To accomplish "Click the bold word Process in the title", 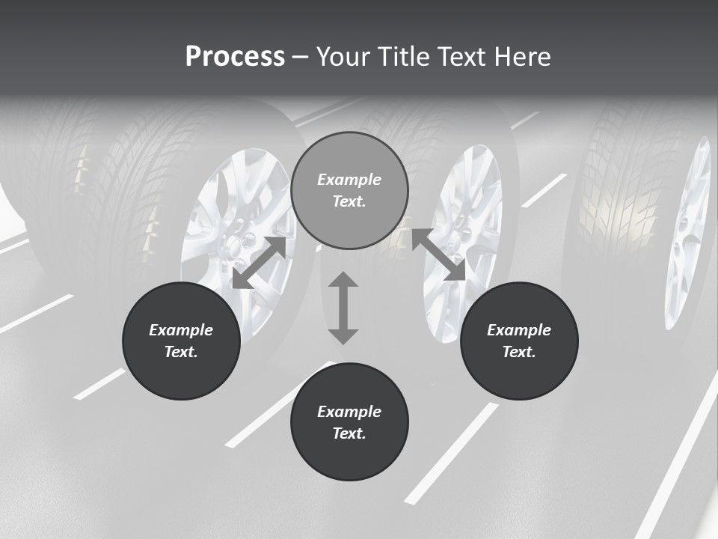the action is pyautogui.click(x=235, y=57).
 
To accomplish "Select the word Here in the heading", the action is pyautogui.click(x=524, y=57).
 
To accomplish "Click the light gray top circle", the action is pyautogui.click(x=349, y=191).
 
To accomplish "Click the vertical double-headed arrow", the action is pyautogui.click(x=343, y=308).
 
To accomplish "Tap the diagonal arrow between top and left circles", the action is pyautogui.click(x=259, y=263).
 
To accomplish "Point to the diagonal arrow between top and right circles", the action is pyautogui.click(x=438, y=255).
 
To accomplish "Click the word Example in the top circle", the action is pyautogui.click(x=349, y=180).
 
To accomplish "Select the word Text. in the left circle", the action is pyautogui.click(x=181, y=352).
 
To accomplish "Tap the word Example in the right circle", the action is pyautogui.click(x=519, y=330).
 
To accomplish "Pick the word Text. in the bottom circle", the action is pyautogui.click(x=349, y=433).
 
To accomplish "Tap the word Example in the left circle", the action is pyautogui.click(x=181, y=330).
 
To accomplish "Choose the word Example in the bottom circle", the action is pyautogui.click(x=349, y=412).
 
